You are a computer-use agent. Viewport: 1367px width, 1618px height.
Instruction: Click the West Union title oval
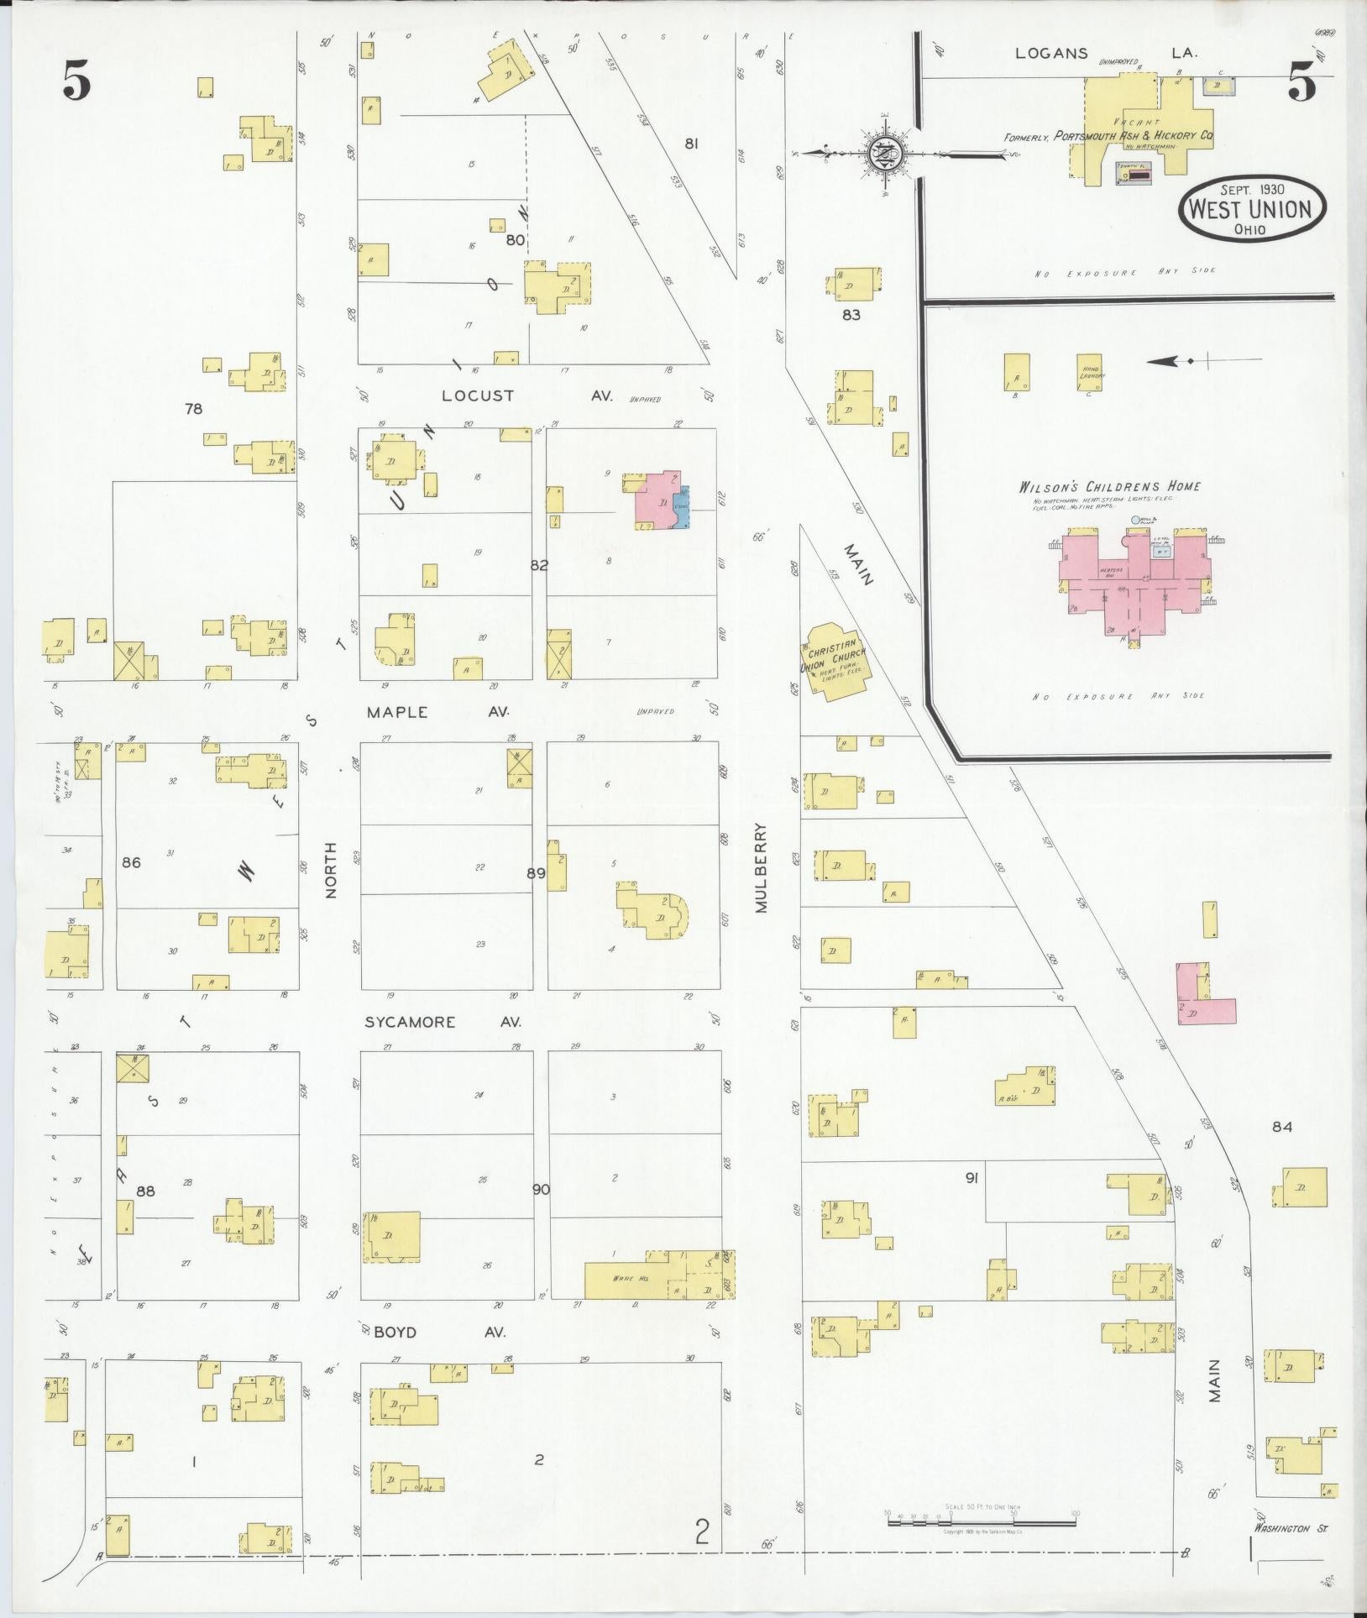1252,208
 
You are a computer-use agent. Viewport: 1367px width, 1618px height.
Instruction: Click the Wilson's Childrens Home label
1109,487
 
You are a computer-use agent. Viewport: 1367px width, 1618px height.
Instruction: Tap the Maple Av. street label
437,712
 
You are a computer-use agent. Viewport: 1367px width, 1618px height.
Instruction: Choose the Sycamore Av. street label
443,1022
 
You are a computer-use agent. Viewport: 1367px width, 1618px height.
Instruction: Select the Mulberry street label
762,867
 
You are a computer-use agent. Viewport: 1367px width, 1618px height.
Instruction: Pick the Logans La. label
1107,53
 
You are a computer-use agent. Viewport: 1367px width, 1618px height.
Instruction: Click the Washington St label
1281,1529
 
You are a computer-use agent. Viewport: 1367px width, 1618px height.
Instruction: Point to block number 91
972,1178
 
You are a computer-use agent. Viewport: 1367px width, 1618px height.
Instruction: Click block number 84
1281,1127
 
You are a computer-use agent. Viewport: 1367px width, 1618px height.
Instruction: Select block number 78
194,409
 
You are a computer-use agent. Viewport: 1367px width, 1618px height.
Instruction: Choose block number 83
851,315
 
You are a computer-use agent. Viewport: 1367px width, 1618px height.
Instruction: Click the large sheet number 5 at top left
76,81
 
